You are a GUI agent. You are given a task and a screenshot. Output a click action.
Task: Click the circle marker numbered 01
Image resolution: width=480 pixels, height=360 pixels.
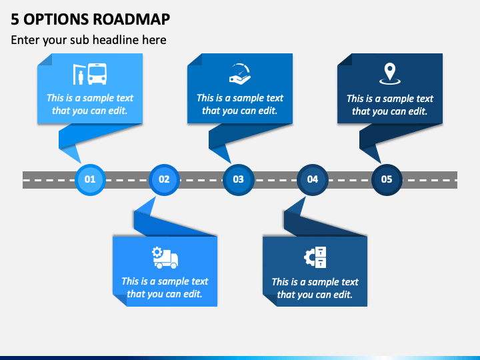pyautogui.click(x=90, y=180)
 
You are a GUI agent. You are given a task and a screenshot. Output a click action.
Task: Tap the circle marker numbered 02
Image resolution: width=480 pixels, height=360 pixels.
pyautogui.click(x=164, y=180)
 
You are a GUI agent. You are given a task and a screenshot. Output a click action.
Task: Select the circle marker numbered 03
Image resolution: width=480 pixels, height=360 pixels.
pyautogui.click(x=238, y=180)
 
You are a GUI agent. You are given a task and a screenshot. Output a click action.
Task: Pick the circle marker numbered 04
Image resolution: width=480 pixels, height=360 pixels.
pyautogui.click(x=313, y=180)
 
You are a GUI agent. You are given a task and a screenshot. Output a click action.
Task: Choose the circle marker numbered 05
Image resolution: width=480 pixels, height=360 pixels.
pyautogui.click(x=387, y=180)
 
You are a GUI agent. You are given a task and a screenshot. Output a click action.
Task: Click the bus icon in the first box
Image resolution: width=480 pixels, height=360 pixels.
pyautogui.click(x=97, y=74)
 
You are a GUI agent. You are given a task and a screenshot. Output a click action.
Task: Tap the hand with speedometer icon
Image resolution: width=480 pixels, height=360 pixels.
pyautogui.click(x=240, y=74)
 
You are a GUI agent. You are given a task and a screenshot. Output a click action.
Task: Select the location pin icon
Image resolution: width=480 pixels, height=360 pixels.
pyautogui.click(x=390, y=73)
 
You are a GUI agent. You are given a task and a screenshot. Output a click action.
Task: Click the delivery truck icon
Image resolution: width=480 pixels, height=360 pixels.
pyautogui.click(x=165, y=258)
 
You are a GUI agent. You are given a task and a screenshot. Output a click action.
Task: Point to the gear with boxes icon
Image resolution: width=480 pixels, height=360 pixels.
pyautogui.click(x=315, y=257)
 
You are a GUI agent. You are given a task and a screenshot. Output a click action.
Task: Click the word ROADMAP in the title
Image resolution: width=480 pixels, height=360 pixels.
pyautogui.click(x=131, y=19)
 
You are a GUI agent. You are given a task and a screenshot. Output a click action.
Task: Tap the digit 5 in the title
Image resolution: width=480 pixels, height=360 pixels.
pyautogui.click(x=15, y=19)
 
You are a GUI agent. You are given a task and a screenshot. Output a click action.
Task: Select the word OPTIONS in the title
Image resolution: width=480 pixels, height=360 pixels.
pyautogui.click(x=56, y=19)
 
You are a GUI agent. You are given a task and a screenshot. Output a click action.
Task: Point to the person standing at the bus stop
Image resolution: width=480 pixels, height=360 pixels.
pyautogui.click(x=81, y=78)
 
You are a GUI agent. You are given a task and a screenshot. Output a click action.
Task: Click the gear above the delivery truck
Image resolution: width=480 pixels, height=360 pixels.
pyautogui.click(x=157, y=252)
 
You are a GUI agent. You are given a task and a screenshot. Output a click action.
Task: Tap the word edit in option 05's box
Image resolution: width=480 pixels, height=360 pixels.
pyautogui.click(x=418, y=111)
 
